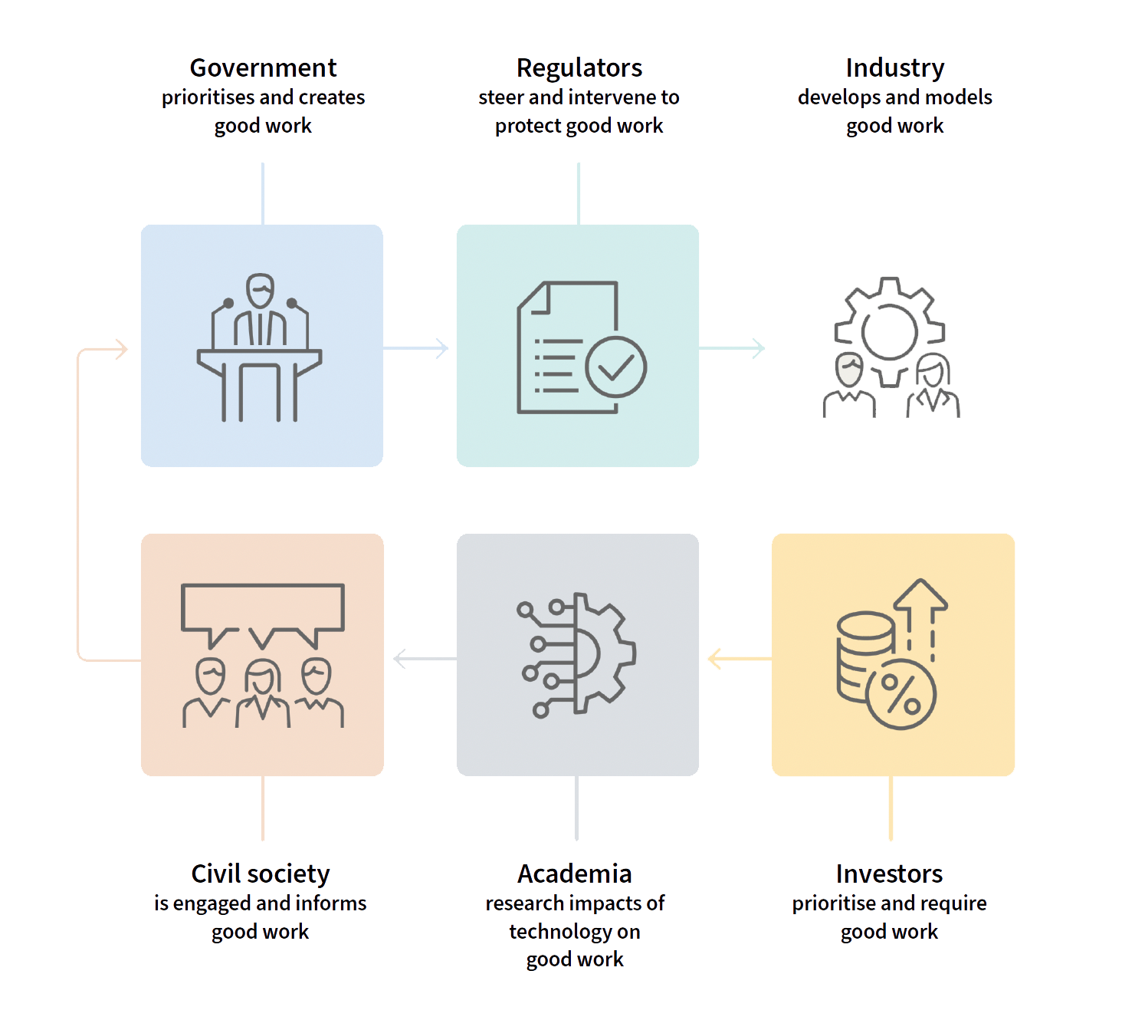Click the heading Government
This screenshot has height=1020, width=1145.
coord(263,68)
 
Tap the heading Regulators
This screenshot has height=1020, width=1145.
coord(579,68)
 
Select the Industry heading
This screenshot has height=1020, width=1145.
coord(894,68)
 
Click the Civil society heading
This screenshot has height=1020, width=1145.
coord(261,874)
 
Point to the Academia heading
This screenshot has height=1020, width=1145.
coord(575,874)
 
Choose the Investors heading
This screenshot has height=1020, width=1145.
coord(889,874)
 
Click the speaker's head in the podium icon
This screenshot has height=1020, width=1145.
coord(261,291)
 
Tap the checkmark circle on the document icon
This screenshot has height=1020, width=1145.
coord(615,367)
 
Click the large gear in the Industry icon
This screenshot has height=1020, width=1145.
coord(889,330)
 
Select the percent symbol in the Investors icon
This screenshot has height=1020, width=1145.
coord(901,694)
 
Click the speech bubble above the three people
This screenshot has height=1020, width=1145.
coord(262,607)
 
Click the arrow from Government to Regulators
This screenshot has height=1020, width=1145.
coord(418,348)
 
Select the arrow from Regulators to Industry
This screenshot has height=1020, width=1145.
coord(733,348)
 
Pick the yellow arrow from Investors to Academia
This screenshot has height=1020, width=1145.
coord(737,658)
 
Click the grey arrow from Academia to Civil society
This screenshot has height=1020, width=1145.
coord(422,658)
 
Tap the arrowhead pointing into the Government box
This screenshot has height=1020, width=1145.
coord(120,350)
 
